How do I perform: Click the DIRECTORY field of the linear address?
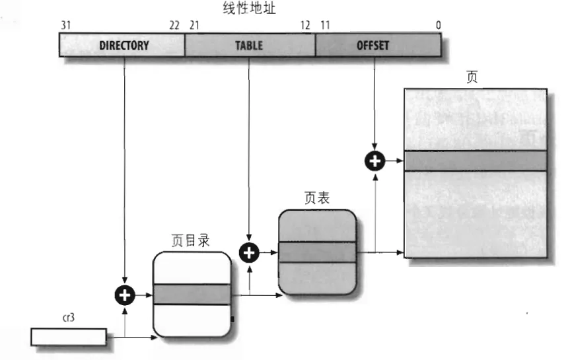tap(123, 46)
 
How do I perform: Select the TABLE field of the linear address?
tap(248, 46)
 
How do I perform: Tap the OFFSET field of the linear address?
tap(373, 46)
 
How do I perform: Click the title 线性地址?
tap(250, 9)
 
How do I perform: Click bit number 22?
tap(174, 25)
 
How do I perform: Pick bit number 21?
tap(194, 25)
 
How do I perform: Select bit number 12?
tap(305, 25)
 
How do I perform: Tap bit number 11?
tap(324, 25)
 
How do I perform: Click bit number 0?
tap(438, 25)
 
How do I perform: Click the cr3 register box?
tap(68, 336)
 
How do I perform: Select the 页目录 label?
tap(190, 241)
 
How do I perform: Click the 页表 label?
tap(317, 198)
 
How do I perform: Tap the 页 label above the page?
tap(472, 77)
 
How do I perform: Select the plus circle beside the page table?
tap(249, 252)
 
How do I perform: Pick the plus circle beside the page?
tap(375, 160)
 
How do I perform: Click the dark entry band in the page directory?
tap(191, 294)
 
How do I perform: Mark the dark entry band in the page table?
tap(317, 252)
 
